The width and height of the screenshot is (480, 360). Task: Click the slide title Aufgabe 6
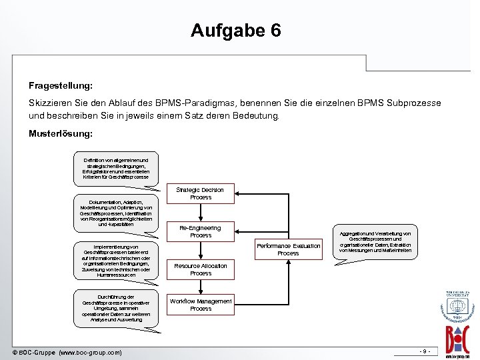(x=236, y=31)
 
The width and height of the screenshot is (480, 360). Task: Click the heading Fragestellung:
(x=61, y=86)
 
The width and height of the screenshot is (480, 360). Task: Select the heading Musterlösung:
(x=61, y=133)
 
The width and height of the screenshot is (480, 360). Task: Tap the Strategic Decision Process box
(x=201, y=194)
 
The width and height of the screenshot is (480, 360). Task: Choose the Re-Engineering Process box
(x=201, y=232)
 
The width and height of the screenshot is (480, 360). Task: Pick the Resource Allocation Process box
(x=201, y=269)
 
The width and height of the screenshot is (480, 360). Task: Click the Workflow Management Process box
(x=201, y=305)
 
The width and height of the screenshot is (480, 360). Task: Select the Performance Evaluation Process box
(x=288, y=249)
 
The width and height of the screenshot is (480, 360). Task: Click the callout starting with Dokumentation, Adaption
(x=117, y=212)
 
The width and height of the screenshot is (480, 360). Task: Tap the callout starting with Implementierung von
(x=117, y=260)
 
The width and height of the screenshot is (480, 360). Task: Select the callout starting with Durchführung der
(x=117, y=308)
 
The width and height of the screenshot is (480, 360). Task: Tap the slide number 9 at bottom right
(x=425, y=351)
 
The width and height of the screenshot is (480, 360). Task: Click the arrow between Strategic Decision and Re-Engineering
(x=201, y=211)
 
